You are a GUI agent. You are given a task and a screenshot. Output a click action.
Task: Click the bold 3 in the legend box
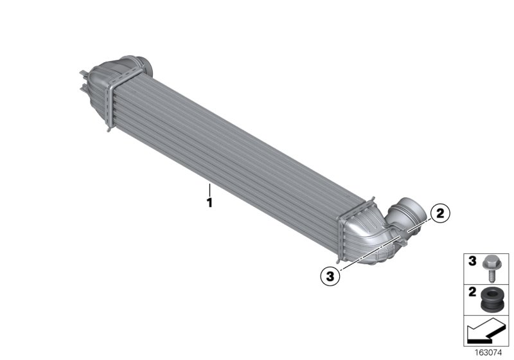click(x=471, y=262)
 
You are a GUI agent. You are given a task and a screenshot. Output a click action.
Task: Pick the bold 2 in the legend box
click(x=471, y=294)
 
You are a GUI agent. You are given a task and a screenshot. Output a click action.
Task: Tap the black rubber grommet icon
click(x=492, y=299)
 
